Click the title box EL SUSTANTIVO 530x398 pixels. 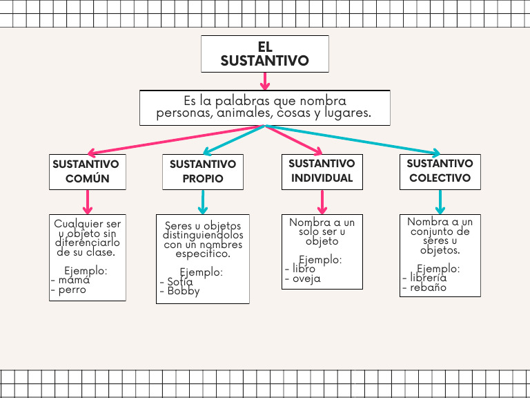264,54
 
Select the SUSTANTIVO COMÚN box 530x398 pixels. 87,171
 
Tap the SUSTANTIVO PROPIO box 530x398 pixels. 203,171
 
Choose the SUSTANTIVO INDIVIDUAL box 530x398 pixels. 322,171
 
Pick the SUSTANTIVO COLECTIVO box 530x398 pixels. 440,171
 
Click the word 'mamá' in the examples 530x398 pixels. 74,281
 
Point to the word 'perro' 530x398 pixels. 72,290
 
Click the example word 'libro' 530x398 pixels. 304,269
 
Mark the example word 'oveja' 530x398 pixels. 306,279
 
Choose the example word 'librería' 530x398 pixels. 428,278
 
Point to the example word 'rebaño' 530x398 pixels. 428,287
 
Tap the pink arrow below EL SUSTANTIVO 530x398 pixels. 264,81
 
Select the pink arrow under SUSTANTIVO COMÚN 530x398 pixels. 88,202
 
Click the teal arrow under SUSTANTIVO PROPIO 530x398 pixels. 203,202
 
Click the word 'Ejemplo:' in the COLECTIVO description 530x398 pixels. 438,268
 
